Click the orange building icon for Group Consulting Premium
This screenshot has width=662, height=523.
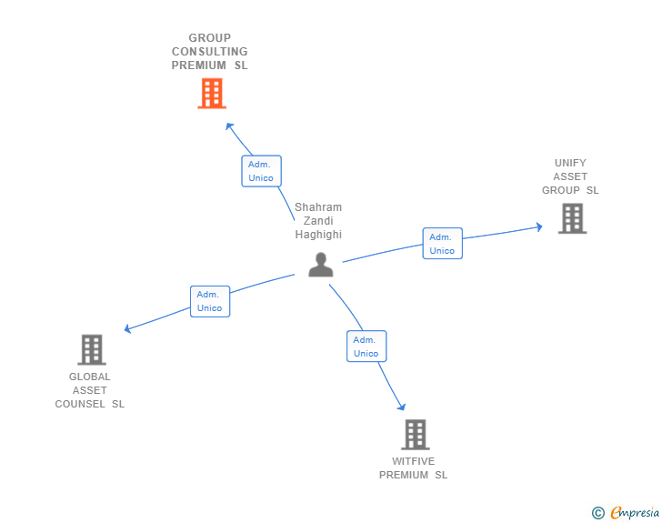coord(212,93)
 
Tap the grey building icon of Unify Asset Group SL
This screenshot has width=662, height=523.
coord(572,218)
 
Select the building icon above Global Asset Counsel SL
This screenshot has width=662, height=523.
coord(92,349)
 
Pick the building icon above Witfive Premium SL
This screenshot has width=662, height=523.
coord(415,435)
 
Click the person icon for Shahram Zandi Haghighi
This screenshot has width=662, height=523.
coord(320,265)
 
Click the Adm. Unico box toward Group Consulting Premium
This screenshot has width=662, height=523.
coord(261,171)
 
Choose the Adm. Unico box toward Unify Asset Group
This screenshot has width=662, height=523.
coord(442,244)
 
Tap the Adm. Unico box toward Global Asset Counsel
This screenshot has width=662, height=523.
coord(210,301)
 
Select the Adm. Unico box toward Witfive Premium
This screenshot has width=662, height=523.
coord(366,347)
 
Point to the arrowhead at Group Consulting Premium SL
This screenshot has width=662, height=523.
coord(229,126)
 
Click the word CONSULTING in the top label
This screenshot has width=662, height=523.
coord(210,52)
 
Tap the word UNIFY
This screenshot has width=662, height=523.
coord(571,163)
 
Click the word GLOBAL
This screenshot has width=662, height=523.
coord(90,377)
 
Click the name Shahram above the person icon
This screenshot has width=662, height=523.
coord(318,207)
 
